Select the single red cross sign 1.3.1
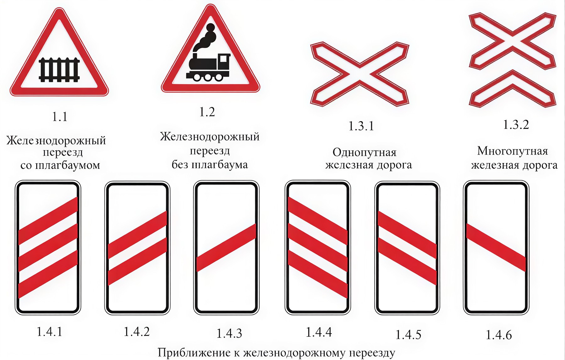point(360,74)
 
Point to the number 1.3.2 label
point(516,125)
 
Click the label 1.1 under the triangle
point(60,117)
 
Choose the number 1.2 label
point(207,112)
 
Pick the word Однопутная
point(365,153)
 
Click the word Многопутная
point(513,151)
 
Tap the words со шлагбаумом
point(60,165)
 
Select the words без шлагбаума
point(210,165)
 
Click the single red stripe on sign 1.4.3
point(226,248)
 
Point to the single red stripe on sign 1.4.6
point(496,248)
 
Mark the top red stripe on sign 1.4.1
point(48,221)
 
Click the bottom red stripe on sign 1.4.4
point(318,274)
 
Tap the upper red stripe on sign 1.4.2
point(137,235)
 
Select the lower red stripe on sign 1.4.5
point(407,261)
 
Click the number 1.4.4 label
point(319,332)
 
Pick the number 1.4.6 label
point(499,335)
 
